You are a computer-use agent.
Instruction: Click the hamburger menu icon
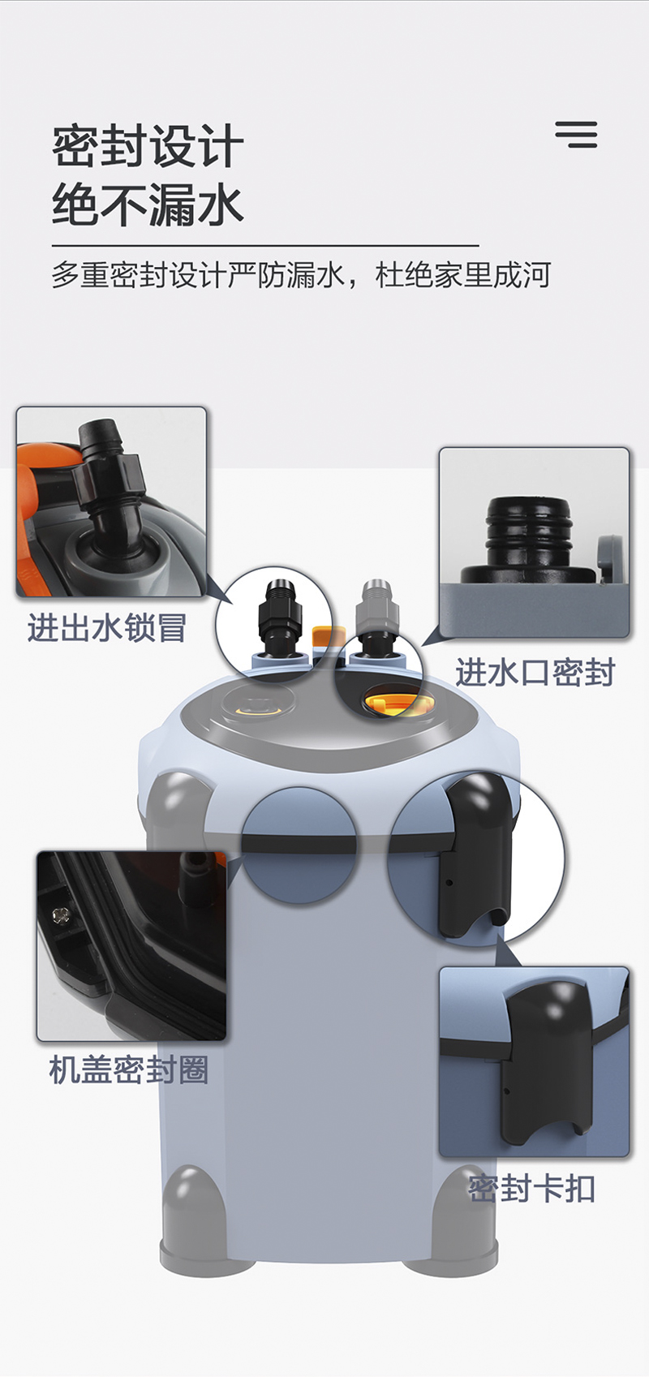click(x=576, y=134)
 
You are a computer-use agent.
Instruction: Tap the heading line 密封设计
click(x=148, y=146)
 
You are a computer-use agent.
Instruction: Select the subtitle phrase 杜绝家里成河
click(x=462, y=275)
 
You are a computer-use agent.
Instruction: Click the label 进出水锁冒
click(x=107, y=628)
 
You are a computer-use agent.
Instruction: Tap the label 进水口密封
click(x=535, y=672)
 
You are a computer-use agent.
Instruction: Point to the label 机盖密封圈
click(x=129, y=1069)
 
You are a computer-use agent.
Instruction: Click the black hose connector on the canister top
click(x=283, y=618)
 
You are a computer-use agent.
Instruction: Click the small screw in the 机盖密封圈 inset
click(x=59, y=916)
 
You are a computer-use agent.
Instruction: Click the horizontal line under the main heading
click(x=265, y=246)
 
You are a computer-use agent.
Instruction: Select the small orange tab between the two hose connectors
click(x=329, y=636)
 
